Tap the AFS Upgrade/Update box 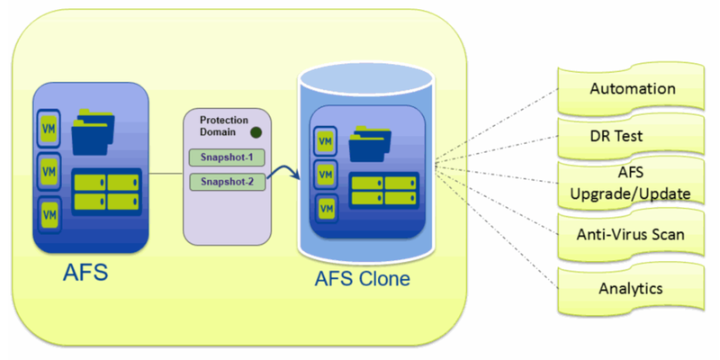click(x=630, y=184)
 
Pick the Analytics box click(x=631, y=288)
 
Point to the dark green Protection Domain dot click(x=256, y=133)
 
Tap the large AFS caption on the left click(x=86, y=271)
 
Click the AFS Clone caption click(x=362, y=278)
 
